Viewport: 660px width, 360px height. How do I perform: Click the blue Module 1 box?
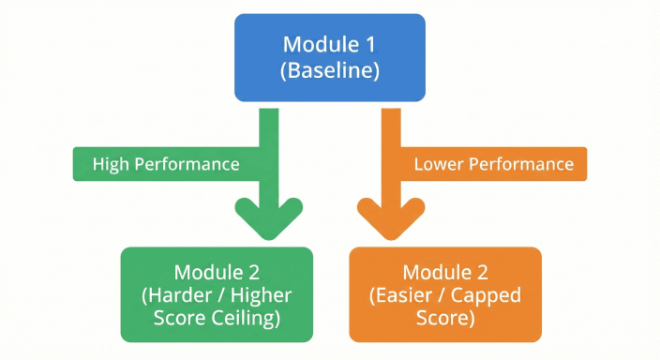pyautogui.click(x=329, y=57)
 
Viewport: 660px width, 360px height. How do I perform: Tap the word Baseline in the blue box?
pyautogui.click(x=330, y=71)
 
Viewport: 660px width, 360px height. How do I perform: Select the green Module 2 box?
pyautogui.click(x=217, y=293)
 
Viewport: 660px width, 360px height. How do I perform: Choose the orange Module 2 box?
pyautogui.click(x=445, y=293)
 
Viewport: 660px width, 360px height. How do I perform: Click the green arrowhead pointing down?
pyautogui.click(x=268, y=218)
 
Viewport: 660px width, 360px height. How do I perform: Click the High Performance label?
pyautogui.click(x=166, y=164)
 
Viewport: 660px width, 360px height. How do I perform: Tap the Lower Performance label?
pyautogui.click(x=493, y=164)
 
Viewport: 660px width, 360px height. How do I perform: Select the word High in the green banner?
pyautogui.click(x=111, y=164)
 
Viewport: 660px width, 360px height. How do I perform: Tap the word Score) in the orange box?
pyautogui.click(x=446, y=317)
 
